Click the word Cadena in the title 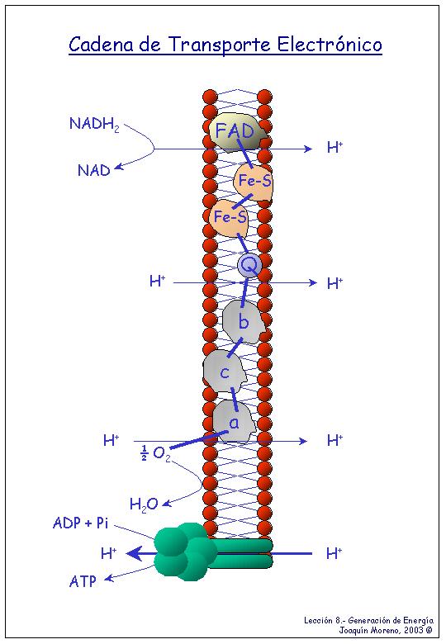coord(101,44)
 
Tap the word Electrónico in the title coord(330,44)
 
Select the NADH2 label coord(94,124)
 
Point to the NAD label coord(94,170)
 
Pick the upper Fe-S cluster coord(254,181)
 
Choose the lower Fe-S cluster coord(229,217)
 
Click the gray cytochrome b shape coord(243,321)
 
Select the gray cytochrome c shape coord(224,372)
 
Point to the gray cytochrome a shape coord(234,422)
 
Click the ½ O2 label coord(155,453)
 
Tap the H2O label coord(144,504)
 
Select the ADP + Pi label coord(80,523)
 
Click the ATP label coord(83,581)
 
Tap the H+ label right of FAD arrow coord(334,147)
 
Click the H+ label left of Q coord(157,282)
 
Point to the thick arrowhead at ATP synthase coord(135,554)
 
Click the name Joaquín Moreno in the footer coord(368,630)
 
